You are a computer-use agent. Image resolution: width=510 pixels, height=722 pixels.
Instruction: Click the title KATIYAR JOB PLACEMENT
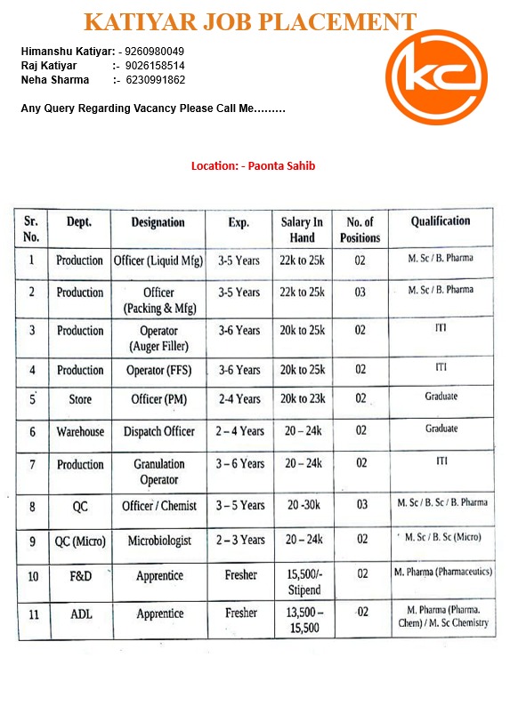click(250, 22)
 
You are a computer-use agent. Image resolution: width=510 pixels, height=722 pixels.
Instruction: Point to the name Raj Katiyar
click(49, 66)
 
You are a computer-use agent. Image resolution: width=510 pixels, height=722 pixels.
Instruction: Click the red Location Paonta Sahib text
click(254, 165)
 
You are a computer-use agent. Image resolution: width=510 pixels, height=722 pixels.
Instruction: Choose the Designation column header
click(158, 222)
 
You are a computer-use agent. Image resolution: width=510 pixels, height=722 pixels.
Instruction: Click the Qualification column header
click(441, 221)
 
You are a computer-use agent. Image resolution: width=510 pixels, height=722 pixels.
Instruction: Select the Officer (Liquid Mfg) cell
click(158, 261)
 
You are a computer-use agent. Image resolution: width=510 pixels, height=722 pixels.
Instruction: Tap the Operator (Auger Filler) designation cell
click(158, 338)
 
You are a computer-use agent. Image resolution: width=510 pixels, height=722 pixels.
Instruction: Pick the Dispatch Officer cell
click(158, 431)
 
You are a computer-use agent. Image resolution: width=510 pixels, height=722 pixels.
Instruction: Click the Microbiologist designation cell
click(158, 540)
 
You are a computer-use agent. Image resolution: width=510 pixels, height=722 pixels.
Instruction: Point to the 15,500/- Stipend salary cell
click(302, 582)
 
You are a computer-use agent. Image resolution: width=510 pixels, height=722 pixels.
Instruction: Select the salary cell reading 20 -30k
click(302, 505)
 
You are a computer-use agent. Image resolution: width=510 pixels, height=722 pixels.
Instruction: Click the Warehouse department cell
click(80, 431)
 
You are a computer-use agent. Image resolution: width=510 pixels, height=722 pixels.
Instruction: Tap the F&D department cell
click(80, 576)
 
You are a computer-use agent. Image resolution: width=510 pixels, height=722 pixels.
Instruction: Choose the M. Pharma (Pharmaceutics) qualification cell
click(442, 573)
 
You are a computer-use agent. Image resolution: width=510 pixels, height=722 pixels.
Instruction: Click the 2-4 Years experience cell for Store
click(239, 399)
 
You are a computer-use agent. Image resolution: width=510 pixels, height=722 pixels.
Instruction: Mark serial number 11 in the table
click(32, 614)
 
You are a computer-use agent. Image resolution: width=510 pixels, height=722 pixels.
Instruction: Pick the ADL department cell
click(80, 614)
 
